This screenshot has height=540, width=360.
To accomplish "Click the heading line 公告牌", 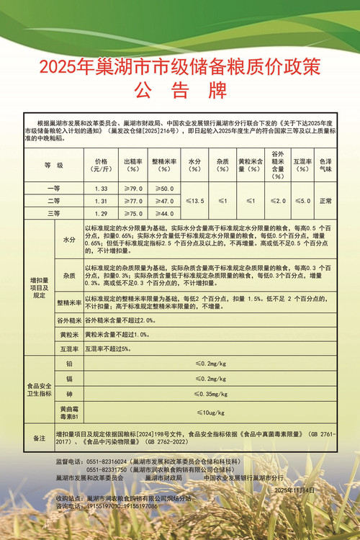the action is pos(180,91).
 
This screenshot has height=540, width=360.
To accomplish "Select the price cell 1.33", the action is pos(101,188).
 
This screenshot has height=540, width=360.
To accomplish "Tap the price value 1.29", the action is pos(101,213).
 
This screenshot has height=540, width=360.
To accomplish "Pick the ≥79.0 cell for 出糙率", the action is pos(133,188).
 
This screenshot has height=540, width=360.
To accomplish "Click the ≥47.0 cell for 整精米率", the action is pos(163,201).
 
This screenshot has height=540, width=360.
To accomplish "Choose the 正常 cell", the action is pos(325,201).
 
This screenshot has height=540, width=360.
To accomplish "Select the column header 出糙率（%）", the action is pos(133,166).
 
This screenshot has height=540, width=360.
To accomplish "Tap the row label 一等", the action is pos(54,188).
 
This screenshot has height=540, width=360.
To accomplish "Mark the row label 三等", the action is pos(54,213).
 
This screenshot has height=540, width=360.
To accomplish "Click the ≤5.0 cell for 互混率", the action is pos(302,201).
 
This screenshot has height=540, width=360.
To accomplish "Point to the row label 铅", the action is pos(69,364).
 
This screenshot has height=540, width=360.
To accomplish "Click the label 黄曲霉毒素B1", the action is pos(69,413).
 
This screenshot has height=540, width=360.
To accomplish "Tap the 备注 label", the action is pos(40,438).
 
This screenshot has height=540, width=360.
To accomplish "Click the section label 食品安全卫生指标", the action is pos(40,390).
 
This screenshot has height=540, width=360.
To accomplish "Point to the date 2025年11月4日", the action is pos(295,489).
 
